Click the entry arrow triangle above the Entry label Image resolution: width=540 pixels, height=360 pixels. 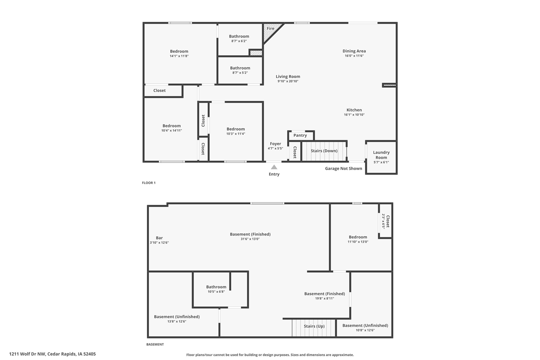pos(274,167)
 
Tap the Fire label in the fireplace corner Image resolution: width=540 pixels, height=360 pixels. pos(270,28)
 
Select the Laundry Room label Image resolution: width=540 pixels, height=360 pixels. pos(381,155)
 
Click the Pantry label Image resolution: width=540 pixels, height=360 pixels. pos(300,135)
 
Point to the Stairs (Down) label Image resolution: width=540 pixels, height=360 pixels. pos(324,151)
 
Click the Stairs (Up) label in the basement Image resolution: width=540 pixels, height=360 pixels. pos(314,326)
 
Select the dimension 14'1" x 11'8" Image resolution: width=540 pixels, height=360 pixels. pos(179,56)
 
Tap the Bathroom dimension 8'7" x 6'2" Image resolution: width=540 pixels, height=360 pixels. pos(239,41)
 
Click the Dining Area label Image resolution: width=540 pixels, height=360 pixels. pos(354,51)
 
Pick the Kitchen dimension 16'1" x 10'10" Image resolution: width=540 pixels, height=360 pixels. pos(354,115)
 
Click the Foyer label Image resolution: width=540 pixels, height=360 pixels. pos(275,144)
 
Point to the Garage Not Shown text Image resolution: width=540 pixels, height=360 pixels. pos(343,168)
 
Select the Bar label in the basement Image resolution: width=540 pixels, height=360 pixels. pos(159,238)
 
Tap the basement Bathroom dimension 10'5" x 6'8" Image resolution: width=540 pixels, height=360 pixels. pos(216,292)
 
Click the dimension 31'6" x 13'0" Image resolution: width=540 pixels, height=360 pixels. pos(250,239)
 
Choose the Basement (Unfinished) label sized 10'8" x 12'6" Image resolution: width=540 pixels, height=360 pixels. pos(365,325)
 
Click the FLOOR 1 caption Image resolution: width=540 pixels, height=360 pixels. pos(148,183)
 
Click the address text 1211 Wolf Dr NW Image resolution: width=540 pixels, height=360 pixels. pos(27,354)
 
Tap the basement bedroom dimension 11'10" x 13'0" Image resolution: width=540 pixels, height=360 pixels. pos(358,242)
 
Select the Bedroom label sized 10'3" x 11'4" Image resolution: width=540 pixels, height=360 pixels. pos(235,129)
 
